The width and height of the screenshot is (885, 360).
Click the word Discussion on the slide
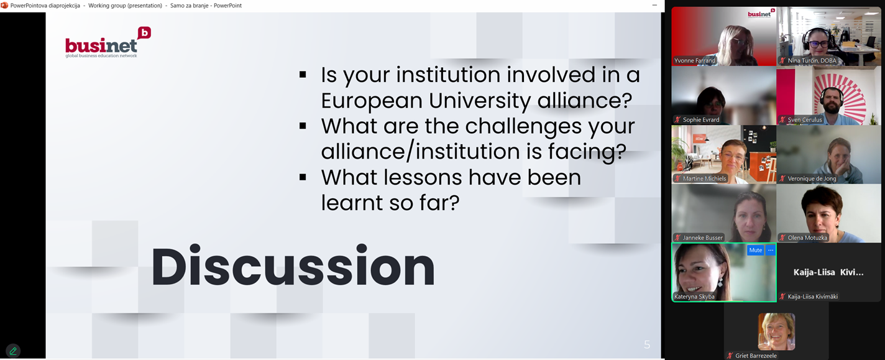click(x=293, y=266)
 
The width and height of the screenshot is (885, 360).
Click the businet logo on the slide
click(x=108, y=43)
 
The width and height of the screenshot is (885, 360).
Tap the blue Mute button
click(x=755, y=250)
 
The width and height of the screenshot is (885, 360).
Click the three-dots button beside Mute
click(x=771, y=250)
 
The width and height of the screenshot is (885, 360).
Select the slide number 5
click(x=647, y=344)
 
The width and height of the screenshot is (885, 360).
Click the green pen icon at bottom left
click(x=13, y=351)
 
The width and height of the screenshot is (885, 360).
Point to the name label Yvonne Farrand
click(x=695, y=60)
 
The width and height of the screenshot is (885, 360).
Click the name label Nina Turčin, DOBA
click(x=812, y=60)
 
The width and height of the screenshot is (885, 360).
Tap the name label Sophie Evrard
click(x=701, y=119)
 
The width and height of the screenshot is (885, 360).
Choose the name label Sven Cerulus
click(x=805, y=119)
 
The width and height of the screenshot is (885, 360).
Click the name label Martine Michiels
click(x=704, y=178)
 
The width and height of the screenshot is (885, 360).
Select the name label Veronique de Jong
click(x=812, y=178)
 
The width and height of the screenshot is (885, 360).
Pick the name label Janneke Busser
click(x=703, y=238)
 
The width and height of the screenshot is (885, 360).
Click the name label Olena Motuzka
click(x=807, y=238)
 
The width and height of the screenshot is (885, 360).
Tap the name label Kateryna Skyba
click(x=694, y=297)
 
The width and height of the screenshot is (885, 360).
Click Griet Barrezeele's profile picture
click(x=776, y=331)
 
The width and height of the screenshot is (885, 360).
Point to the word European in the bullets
click(x=371, y=101)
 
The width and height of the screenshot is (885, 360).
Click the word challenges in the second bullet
click(x=523, y=127)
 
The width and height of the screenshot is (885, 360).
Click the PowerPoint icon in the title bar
click(x=4, y=5)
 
